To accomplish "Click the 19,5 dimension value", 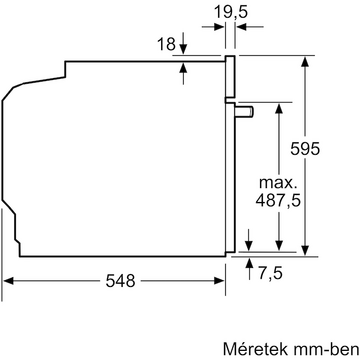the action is [231, 13].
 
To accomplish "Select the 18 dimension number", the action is [166, 44].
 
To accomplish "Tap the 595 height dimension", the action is [305, 148].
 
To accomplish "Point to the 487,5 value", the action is [278, 201].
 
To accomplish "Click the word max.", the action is [277, 183].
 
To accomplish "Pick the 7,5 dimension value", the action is [270, 273].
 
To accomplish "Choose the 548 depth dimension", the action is [120, 281].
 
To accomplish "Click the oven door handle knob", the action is [244, 111].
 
